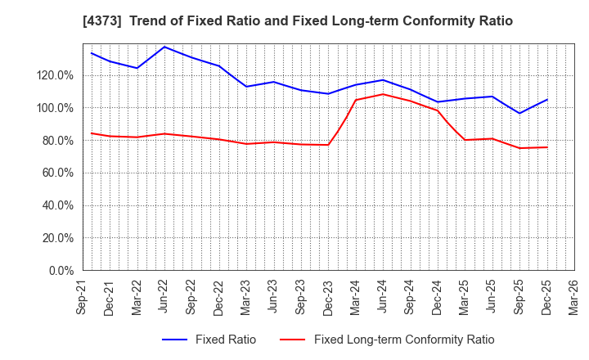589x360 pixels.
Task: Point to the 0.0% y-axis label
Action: (61, 271)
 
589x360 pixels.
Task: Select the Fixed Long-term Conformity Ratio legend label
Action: (404, 340)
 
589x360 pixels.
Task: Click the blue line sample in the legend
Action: (178, 340)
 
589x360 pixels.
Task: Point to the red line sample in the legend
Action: (293, 340)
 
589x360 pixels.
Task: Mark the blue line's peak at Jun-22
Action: (164, 47)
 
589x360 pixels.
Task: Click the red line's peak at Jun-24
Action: (383, 94)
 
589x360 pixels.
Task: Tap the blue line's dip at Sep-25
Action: (519, 113)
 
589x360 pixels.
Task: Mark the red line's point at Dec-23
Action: (328, 145)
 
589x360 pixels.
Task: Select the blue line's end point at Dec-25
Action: (547, 100)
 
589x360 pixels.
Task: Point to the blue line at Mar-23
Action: (246, 86)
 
